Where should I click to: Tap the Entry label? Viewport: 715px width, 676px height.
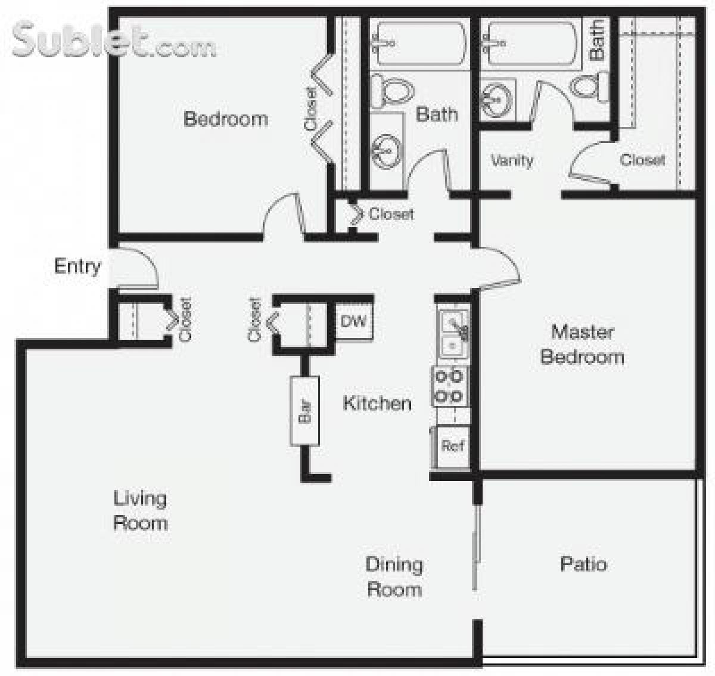pyautogui.click(x=77, y=266)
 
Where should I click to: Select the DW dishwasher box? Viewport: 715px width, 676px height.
pyautogui.click(x=354, y=322)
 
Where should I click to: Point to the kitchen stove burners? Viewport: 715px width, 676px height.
pyautogui.click(x=450, y=386)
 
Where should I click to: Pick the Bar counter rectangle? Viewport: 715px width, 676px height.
pyautogui.click(x=304, y=411)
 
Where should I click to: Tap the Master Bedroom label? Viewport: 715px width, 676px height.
pyautogui.click(x=582, y=344)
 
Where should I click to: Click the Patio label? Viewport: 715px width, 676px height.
pyautogui.click(x=583, y=564)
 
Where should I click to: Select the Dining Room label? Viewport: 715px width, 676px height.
pyautogui.click(x=394, y=576)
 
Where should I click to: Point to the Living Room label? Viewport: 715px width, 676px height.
pyautogui.click(x=140, y=510)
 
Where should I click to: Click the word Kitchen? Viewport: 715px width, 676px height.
pyautogui.click(x=377, y=404)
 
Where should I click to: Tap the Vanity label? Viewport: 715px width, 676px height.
pyautogui.click(x=511, y=160)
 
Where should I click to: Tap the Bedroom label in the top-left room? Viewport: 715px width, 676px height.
pyautogui.click(x=226, y=119)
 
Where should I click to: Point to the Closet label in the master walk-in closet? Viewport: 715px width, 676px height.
pyautogui.click(x=642, y=160)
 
